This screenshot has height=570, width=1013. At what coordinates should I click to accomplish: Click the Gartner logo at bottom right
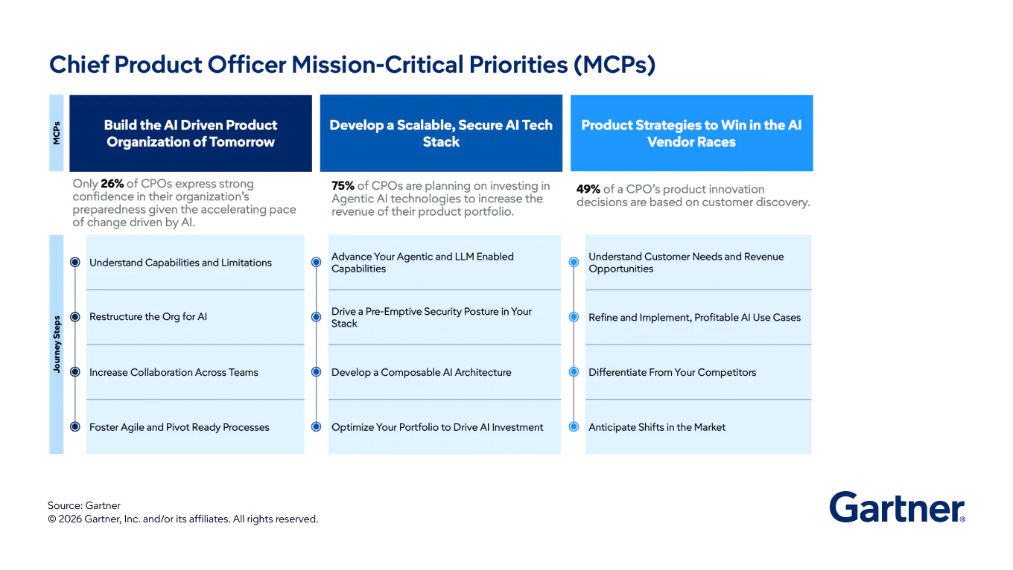point(897,507)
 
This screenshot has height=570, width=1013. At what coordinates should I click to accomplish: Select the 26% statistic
point(112,184)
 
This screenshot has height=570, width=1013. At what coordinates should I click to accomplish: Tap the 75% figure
point(343,186)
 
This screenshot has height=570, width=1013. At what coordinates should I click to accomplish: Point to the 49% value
point(588,189)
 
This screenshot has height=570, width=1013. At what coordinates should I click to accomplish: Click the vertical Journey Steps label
point(57,345)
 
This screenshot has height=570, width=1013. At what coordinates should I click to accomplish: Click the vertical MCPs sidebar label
point(57,132)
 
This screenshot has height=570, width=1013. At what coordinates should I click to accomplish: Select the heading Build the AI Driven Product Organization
point(191,133)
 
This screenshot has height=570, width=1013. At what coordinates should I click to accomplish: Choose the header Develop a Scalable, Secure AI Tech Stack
point(441,133)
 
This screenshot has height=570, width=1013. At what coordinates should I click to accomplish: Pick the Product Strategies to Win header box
point(691,133)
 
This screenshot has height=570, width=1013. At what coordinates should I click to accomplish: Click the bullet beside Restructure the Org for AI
point(74,317)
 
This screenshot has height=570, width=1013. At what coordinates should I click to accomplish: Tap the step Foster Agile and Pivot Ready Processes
point(179,427)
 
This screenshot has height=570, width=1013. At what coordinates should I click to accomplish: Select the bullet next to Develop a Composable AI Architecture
point(316,372)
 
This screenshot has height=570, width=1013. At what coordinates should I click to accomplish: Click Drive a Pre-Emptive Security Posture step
point(431,317)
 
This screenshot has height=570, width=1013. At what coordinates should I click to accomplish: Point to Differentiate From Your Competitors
point(672,372)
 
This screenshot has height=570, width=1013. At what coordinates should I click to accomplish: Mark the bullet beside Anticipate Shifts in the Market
point(574,427)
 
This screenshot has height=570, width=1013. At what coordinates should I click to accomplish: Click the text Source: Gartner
point(84,506)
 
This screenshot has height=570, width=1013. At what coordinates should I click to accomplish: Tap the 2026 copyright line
point(182,519)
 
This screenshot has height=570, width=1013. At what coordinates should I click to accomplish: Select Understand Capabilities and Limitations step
point(180,263)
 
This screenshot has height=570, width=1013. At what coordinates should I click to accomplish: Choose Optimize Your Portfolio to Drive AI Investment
point(437,427)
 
